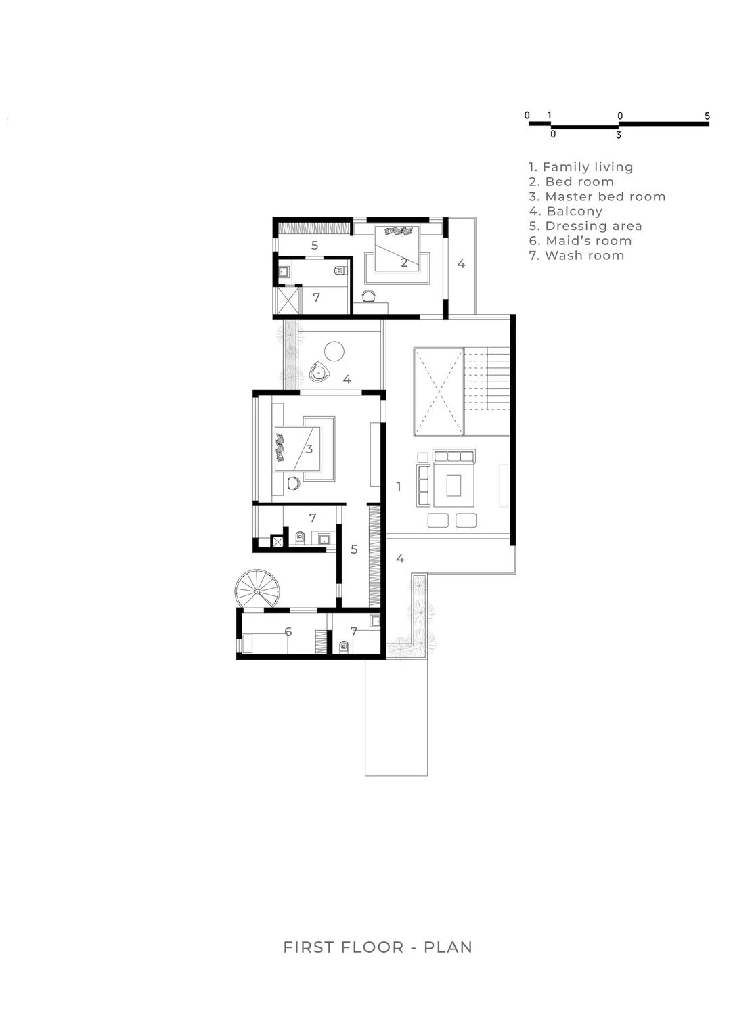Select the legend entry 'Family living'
click(581, 167)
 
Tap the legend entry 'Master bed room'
click(598, 197)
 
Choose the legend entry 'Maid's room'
click(581, 241)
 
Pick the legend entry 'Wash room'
click(577, 256)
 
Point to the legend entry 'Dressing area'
click(585, 226)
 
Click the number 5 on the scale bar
click(707, 116)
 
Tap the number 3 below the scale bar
click(619, 135)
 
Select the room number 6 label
click(288, 632)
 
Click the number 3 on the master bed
click(309, 449)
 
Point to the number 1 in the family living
click(399, 487)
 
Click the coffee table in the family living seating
click(453, 485)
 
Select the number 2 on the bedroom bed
click(404, 263)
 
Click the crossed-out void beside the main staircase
click(438, 392)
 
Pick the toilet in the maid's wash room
click(343, 646)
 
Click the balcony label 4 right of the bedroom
click(461, 264)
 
